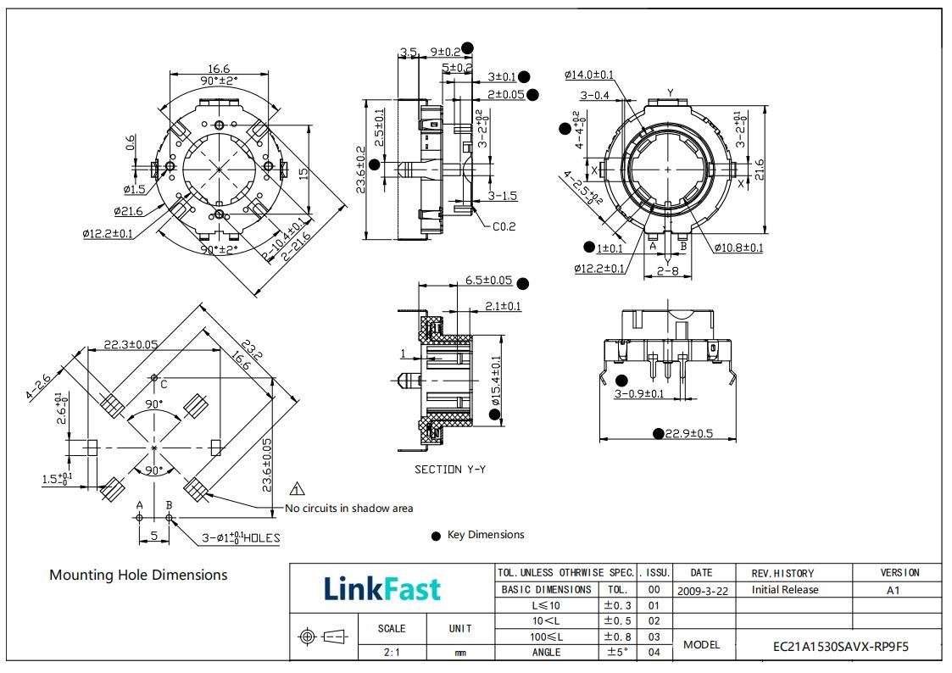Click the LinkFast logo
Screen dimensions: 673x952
pyautogui.click(x=382, y=588)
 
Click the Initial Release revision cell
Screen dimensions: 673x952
pyautogui.click(x=785, y=590)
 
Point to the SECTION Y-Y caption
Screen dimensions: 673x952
pyautogui.click(x=450, y=469)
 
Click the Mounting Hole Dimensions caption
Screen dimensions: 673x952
pyautogui.click(x=138, y=575)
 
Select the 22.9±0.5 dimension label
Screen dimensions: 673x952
pyautogui.click(x=688, y=433)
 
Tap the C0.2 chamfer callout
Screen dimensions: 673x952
pyautogui.click(x=504, y=226)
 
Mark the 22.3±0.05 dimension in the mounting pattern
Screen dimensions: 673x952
pyautogui.click(x=131, y=344)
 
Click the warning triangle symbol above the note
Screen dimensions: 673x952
pyautogui.click(x=298, y=489)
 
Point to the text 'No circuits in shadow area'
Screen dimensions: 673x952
pyautogui.click(x=349, y=509)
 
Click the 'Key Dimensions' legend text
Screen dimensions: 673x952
pyautogui.click(x=486, y=535)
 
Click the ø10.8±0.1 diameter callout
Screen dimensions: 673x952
pyautogui.click(x=738, y=248)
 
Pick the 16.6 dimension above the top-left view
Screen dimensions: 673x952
pyautogui.click(x=219, y=70)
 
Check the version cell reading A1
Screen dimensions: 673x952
pyautogui.click(x=893, y=590)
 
